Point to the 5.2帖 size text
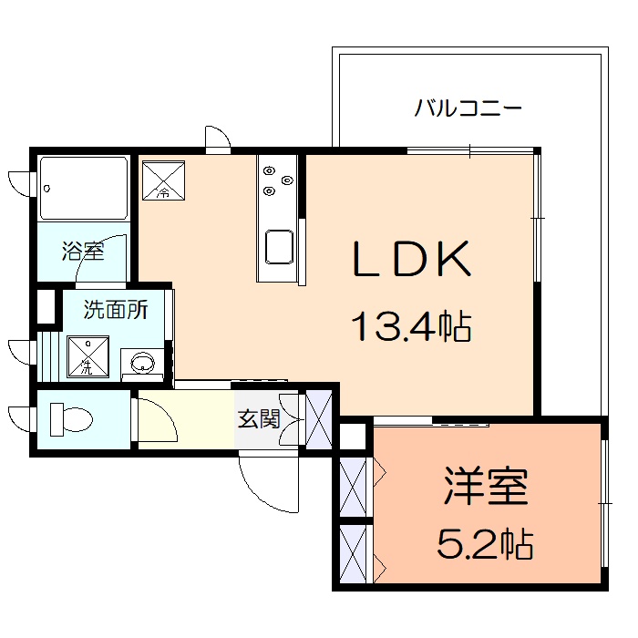485,544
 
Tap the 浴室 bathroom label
83,251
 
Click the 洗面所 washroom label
116,309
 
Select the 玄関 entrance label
259,419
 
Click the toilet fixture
70,419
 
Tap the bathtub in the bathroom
84,188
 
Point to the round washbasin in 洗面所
144,365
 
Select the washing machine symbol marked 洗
89,356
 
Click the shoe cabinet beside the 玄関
320,419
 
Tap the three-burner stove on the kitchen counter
277,180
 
